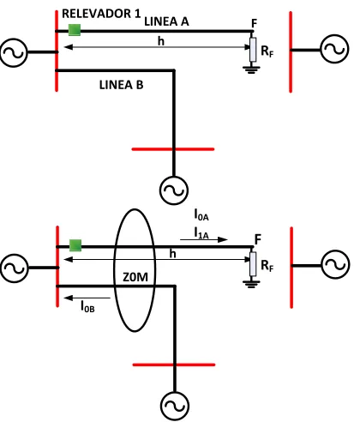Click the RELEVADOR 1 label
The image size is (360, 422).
click(101, 14)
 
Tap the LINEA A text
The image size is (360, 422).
click(166, 21)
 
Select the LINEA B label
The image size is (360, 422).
click(121, 85)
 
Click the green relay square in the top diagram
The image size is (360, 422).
click(75, 30)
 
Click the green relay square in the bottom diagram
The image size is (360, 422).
click(75, 245)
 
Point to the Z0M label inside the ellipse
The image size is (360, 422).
click(135, 277)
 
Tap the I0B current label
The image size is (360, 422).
click(87, 306)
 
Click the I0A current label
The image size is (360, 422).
click(201, 214)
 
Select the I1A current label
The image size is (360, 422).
click(201, 232)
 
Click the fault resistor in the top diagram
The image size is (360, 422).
click(253, 50)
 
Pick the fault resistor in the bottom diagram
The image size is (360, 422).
click(253, 264)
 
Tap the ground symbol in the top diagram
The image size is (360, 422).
click(251, 70)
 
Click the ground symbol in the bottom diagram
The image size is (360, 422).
click(251, 285)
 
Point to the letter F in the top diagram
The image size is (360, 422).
click(254, 23)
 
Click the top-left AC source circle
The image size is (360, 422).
click(14, 52)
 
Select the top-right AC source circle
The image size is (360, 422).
click(335, 49)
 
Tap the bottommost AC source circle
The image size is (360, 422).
click(175, 406)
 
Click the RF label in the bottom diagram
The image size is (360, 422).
click(267, 266)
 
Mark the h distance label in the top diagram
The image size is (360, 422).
click(161, 41)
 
